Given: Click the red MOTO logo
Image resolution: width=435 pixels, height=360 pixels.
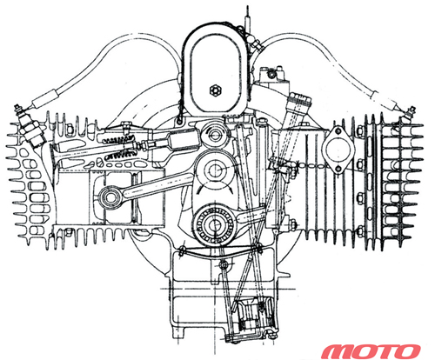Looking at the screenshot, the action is (x=371, y=351).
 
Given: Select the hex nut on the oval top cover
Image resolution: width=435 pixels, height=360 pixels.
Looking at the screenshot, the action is (x=214, y=90).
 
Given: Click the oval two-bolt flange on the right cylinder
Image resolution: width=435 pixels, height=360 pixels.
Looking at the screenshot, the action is (x=338, y=150).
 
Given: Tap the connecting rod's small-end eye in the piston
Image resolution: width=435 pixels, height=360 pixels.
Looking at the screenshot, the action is (x=110, y=197).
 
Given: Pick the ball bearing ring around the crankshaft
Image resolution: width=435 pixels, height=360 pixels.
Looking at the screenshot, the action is (x=215, y=224).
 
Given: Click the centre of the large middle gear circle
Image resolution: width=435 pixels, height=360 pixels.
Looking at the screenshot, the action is (x=215, y=169).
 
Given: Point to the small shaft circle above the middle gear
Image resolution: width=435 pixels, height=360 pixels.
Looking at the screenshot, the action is (x=215, y=135).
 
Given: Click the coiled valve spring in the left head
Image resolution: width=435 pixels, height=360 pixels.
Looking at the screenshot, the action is (x=117, y=150).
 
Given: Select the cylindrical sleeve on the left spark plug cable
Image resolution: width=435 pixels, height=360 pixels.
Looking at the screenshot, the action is (x=46, y=97).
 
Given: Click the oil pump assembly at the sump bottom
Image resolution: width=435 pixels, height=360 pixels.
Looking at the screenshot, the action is (x=253, y=318).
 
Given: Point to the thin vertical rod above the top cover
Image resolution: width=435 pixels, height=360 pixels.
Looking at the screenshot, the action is (x=247, y=18).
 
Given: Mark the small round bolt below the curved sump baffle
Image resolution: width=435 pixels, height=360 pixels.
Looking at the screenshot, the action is (x=224, y=264).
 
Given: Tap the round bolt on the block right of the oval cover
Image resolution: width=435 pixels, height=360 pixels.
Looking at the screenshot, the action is (x=271, y=74).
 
